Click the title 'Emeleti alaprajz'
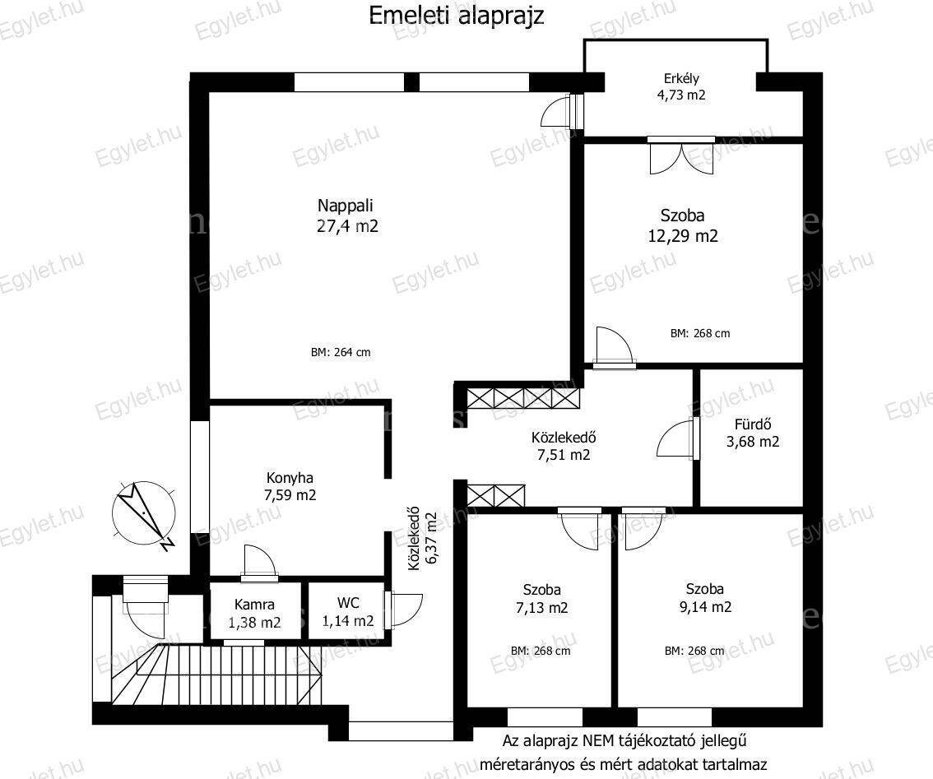click(x=457, y=16)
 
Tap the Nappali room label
click(x=345, y=206)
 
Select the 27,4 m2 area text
click(x=347, y=226)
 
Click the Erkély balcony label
click(x=681, y=78)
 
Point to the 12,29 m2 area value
click(x=683, y=235)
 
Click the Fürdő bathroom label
click(x=753, y=424)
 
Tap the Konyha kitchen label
click(x=290, y=478)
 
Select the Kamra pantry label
click(x=255, y=605)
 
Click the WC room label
click(x=348, y=603)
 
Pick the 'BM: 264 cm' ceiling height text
click(x=341, y=352)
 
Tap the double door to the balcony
click(x=681, y=157)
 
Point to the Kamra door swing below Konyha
click(x=259, y=562)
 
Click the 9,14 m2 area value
click(x=705, y=607)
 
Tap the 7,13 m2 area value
click(x=541, y=608)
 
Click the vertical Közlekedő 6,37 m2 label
click(x=423, y=539)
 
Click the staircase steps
click(x=217, y=675)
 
